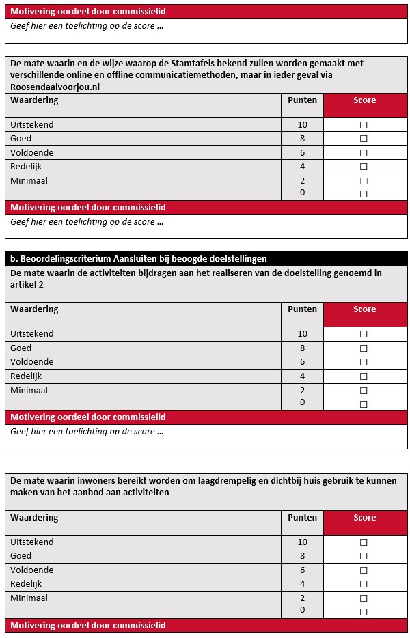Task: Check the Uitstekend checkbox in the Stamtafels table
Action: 364,126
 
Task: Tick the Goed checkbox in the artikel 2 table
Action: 364,348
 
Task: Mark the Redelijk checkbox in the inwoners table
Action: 364,585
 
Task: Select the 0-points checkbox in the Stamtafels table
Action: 364,194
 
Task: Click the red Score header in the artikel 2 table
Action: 364,309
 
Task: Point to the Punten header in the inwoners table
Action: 302,518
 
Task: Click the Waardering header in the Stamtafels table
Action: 34,100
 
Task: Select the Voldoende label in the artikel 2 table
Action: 31,362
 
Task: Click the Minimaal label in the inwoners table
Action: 29,598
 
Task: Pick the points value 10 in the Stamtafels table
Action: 303,125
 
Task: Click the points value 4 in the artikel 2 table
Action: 302,376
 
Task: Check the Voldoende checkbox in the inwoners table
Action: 364,570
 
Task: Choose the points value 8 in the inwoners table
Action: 302,556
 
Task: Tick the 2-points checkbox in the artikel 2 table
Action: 364,391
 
